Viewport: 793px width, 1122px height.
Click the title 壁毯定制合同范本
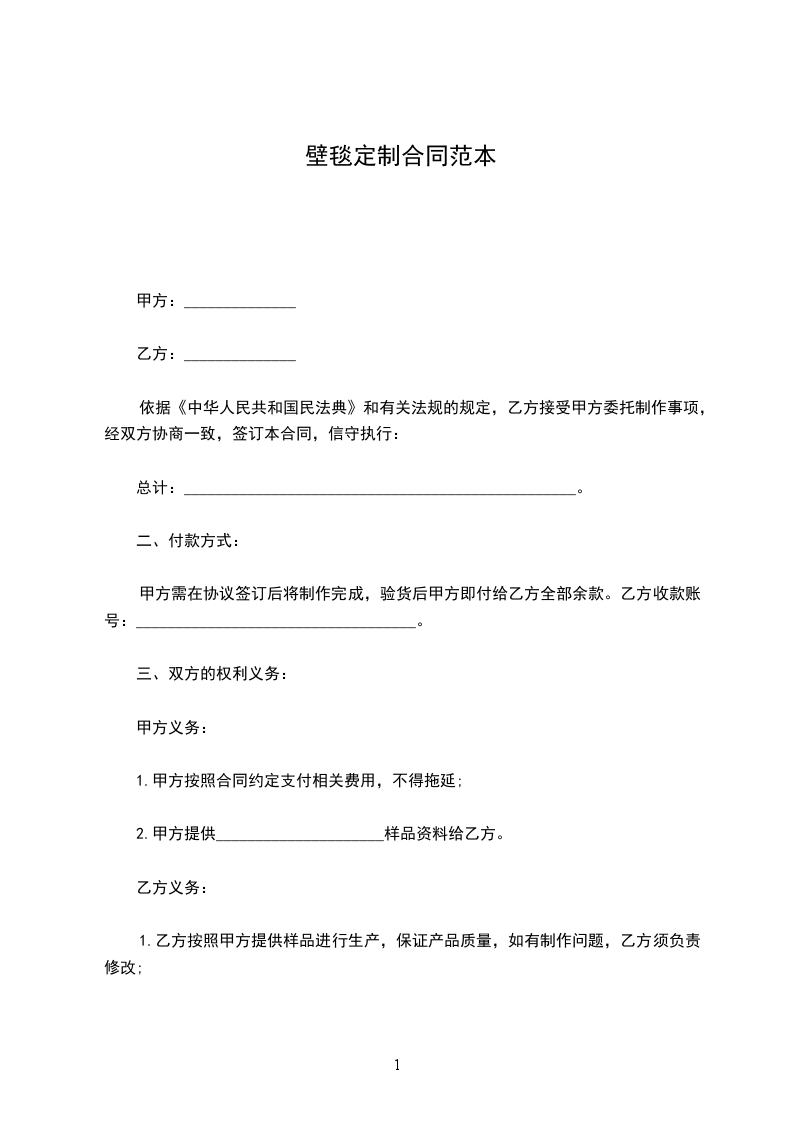[399, 157]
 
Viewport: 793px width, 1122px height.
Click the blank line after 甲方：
[240, 301]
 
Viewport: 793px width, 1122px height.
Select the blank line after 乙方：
[240, 354]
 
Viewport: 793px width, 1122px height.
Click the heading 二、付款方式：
[188, 541]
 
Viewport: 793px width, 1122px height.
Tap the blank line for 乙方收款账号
[275, 622]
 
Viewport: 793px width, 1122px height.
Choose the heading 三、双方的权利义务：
[213, 674]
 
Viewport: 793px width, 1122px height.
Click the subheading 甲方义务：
[172, 727]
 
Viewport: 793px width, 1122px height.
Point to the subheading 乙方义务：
[172, 887]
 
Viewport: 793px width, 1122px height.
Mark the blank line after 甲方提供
[300, 834]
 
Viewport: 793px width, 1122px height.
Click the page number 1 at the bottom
[397, 1066]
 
